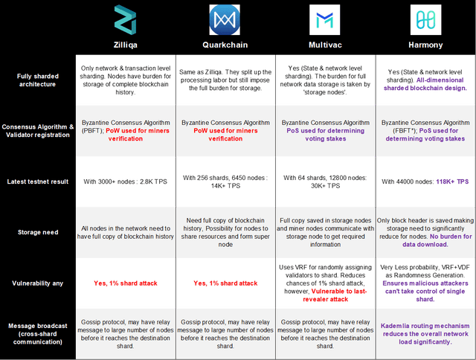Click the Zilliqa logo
[125, 20]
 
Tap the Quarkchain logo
[225, 20]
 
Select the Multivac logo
[324, 20]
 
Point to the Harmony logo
[425, 20]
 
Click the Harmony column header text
[425, 45]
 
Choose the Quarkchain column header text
[225, 45]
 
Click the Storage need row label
[38, 232]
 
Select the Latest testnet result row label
[38, 181]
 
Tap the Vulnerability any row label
[38, 283]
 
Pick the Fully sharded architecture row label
[38, 80]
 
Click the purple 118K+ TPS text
[452, 181]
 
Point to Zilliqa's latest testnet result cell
[126, 181]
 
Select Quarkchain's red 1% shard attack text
[225, 283]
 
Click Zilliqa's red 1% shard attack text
[126, 283]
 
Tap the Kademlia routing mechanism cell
[425, 334]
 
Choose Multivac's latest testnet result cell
[325, 181]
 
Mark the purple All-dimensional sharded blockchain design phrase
[425, 84]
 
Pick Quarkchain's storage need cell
[225, 232]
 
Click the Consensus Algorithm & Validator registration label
[38, 131]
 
